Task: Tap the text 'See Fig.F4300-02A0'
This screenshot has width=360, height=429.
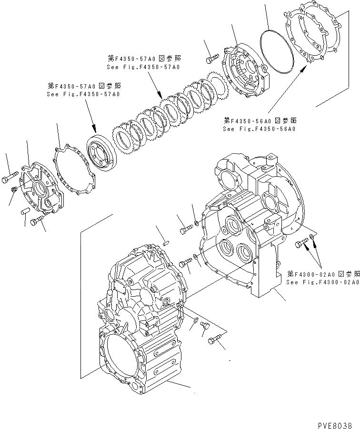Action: pos(322,282)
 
